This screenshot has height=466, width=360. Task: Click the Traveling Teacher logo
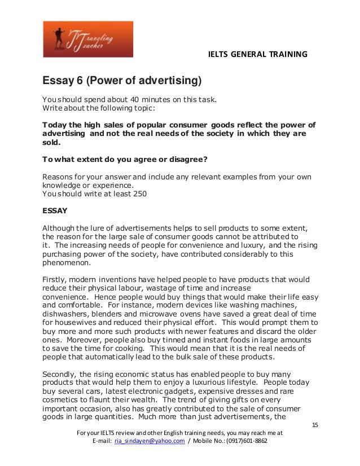tap(88, 39)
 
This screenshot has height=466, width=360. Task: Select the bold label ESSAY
tap(55, 212)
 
